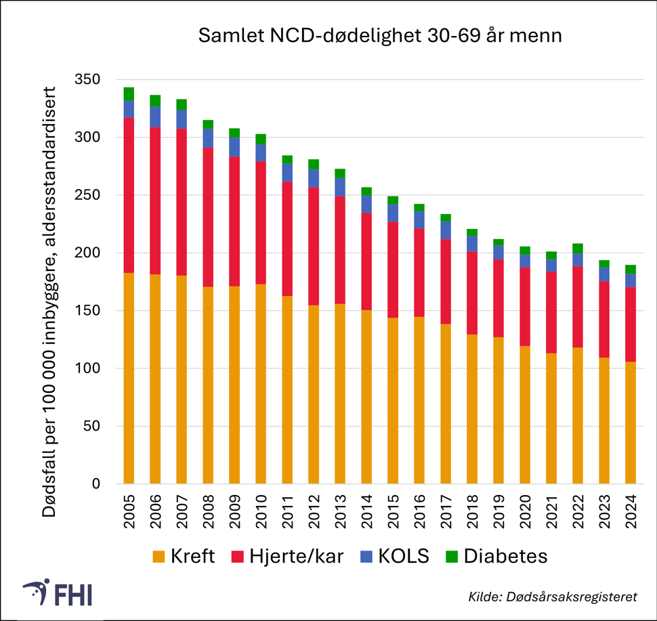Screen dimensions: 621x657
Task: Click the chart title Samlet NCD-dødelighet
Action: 379,37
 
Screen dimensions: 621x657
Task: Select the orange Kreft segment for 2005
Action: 129,378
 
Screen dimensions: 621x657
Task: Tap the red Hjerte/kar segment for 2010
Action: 261,222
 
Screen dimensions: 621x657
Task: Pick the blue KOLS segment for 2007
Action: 182,119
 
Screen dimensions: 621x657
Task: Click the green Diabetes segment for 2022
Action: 578,249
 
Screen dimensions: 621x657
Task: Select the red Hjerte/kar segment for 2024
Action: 631,324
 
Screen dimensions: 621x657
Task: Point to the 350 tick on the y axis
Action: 86,80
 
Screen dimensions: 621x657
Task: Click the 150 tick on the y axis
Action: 86,311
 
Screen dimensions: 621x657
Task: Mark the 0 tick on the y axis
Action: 95,484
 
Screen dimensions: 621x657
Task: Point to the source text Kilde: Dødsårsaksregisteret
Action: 553,597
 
